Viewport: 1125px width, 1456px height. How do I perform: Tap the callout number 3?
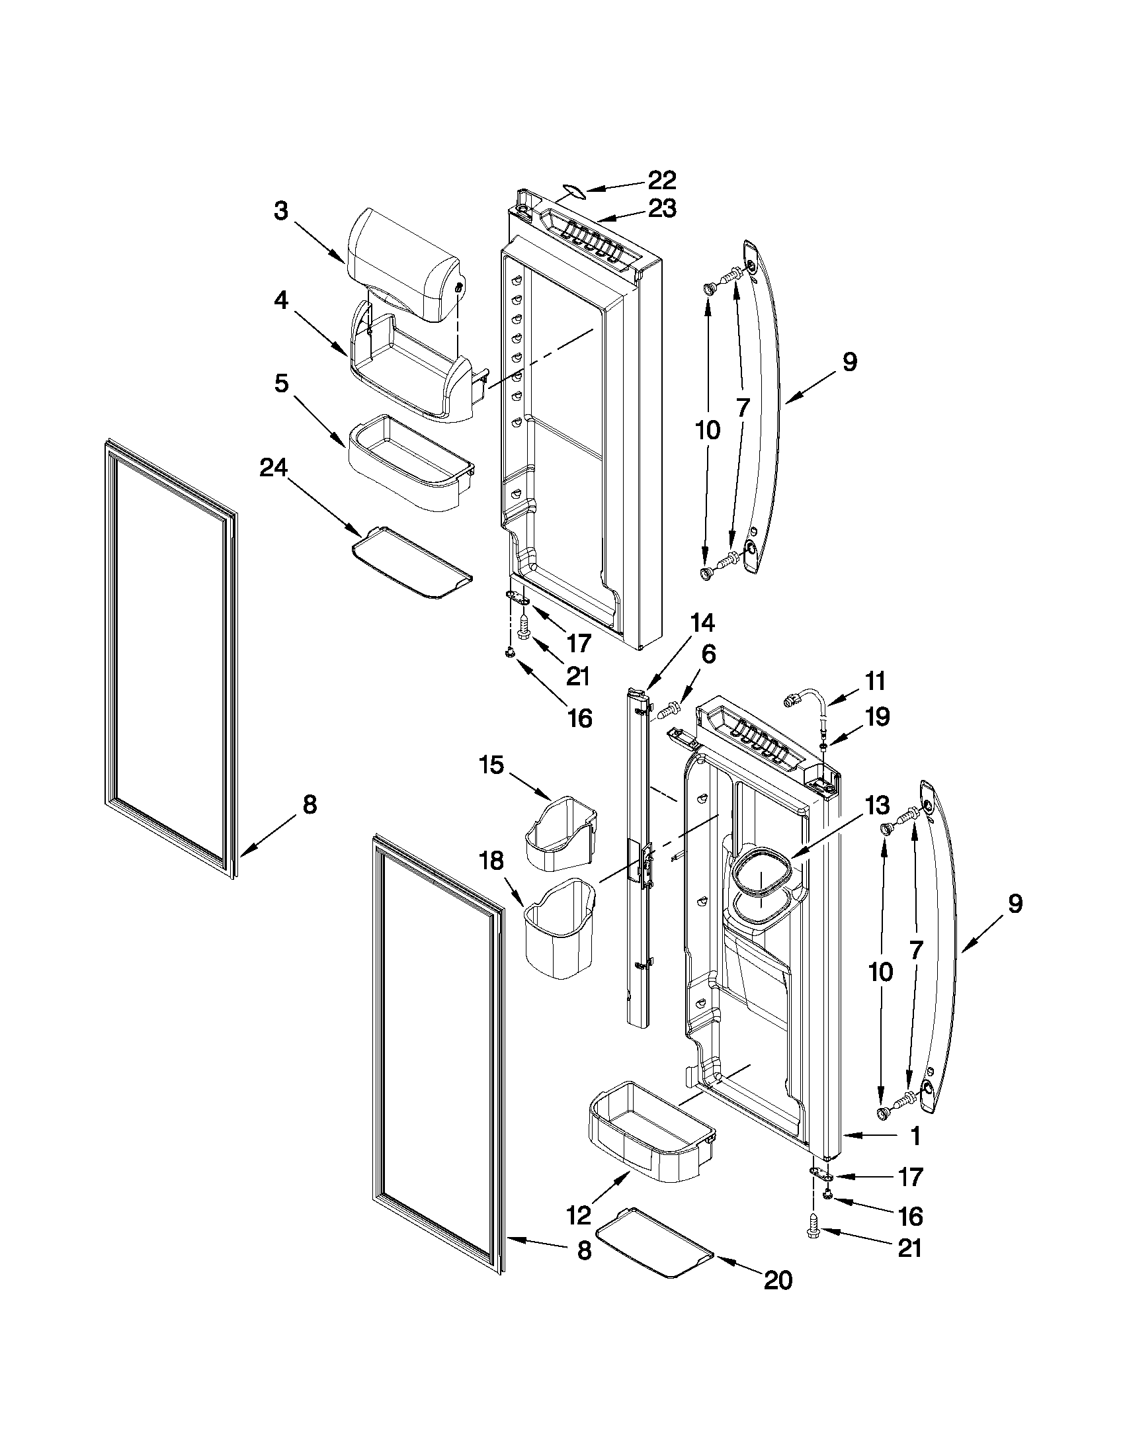280,211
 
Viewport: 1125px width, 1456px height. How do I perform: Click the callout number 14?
702,622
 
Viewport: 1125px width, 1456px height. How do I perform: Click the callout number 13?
878,805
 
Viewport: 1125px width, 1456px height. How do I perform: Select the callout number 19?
877,716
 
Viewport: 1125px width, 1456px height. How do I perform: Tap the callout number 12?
579,1216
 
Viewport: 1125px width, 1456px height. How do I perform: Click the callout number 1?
916,1136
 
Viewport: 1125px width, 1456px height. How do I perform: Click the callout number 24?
273,468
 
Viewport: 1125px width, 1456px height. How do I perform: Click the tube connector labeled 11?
808,700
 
